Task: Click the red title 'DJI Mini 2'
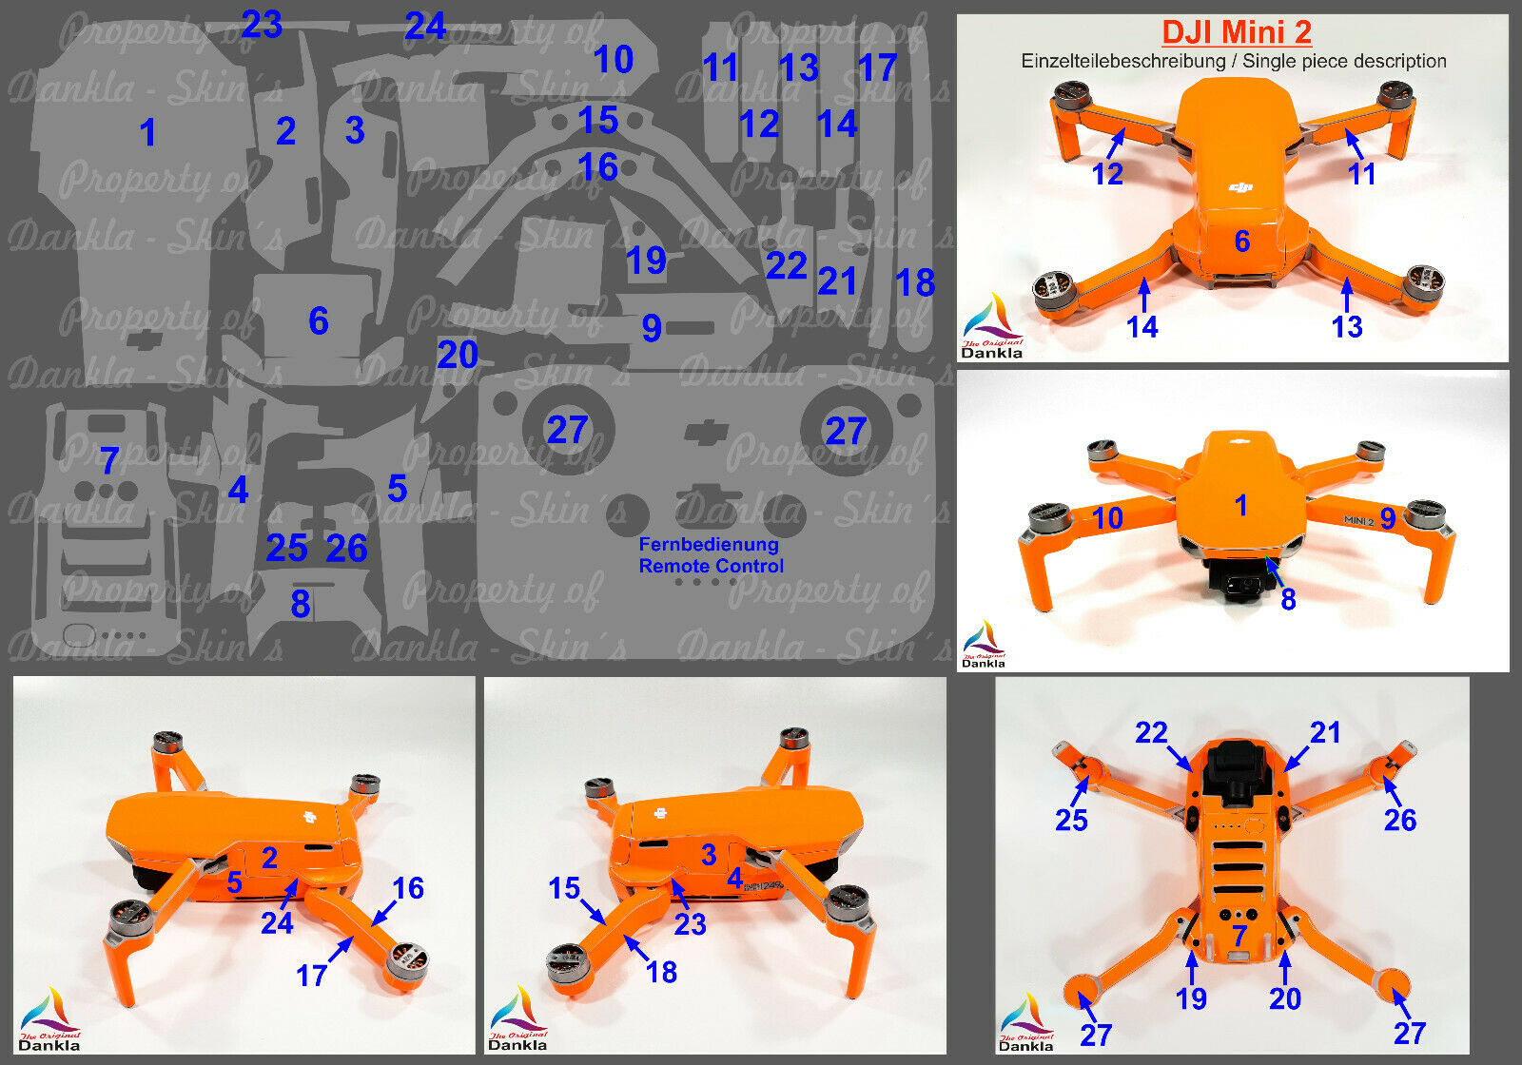(1236, 31)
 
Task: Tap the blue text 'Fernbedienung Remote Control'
(711, 555)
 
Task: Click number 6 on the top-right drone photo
(1241, 242)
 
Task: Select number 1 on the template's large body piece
(147, 132)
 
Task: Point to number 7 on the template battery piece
(108, 461)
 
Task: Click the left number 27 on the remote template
(567, 431)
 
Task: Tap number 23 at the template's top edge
(261, 24)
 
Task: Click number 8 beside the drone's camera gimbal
(1288, 599)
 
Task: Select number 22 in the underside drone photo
(1151, 732)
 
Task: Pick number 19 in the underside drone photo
(1191, 998)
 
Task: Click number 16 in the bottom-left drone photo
(408, 888)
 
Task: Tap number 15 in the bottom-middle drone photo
(564, 888)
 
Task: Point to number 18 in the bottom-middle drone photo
(661, 972)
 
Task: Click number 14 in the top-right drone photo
(1141, 327)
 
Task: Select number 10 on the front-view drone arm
(1107, 518)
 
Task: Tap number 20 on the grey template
(458, 356)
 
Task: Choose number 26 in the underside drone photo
(1399, 820)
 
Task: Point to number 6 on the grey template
(319, 321)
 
